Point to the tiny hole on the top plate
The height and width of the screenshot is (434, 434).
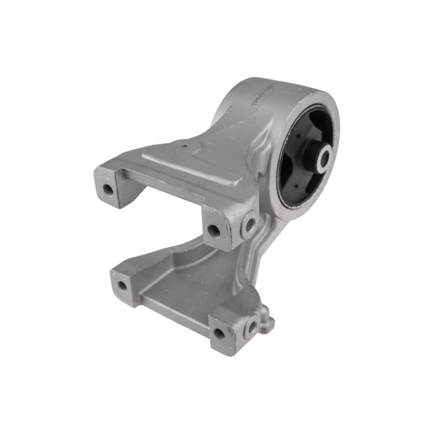(185, 146)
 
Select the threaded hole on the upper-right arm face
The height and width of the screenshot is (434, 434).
(213, 230)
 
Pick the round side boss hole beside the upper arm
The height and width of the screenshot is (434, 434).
(249, 224)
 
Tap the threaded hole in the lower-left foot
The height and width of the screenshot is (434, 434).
(122, 286)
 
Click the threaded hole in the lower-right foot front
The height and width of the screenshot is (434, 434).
(218, 334)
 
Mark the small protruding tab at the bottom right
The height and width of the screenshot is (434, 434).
(268, 320)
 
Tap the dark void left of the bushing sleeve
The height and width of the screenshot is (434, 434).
(291, 162)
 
